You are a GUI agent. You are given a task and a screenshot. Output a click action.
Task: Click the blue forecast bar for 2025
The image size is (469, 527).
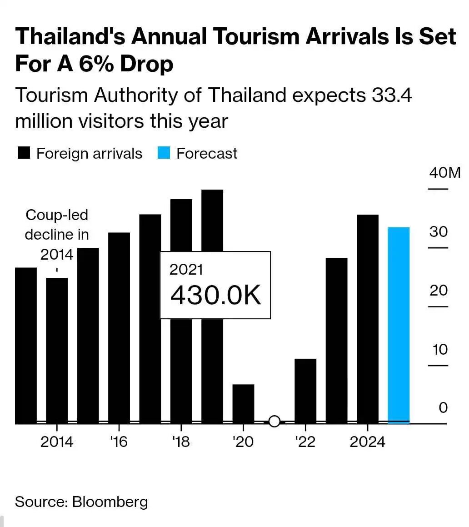399,325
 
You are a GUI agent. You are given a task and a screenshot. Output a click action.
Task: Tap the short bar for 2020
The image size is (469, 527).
243,404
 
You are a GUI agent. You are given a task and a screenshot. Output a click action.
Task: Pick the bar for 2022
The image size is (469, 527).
305,391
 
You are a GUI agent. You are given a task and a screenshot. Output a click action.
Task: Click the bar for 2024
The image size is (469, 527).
368,318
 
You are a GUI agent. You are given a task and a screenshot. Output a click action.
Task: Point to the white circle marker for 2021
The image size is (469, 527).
274,421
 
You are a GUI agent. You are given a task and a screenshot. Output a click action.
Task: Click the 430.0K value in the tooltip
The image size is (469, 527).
215,296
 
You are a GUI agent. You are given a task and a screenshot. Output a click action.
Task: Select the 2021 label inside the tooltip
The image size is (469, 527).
186,269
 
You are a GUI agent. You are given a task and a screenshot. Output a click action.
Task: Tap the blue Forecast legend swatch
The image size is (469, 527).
164,153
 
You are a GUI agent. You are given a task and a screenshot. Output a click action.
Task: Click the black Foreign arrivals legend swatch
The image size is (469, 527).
24,153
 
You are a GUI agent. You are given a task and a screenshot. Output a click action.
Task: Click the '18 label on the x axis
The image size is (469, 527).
181,442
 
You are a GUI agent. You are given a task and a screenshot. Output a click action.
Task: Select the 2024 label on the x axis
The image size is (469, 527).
367,442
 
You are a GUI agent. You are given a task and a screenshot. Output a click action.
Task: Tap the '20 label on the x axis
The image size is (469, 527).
243,442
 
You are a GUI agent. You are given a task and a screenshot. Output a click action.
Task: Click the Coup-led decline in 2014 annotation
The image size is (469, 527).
57,235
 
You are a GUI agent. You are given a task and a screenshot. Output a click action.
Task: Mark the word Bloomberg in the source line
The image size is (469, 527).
110,502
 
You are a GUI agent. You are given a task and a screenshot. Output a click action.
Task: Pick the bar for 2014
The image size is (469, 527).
57,350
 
